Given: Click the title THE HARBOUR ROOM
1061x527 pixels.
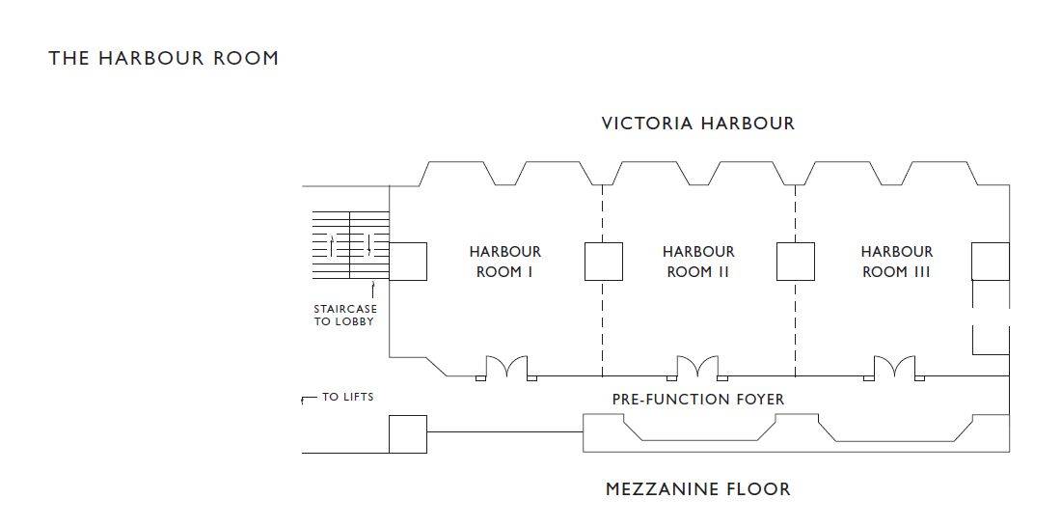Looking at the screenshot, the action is [163, 58].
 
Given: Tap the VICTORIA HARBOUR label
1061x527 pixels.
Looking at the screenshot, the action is [697, 124].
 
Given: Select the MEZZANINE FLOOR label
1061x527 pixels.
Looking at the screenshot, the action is [697, 489].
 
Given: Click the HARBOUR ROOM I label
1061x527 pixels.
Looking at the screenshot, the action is [505, 262].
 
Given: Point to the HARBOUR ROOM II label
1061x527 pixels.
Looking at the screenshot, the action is [698, 262].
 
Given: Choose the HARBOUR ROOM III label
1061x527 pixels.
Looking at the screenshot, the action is [897, 262].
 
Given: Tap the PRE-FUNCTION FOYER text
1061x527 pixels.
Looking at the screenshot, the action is [698, 400].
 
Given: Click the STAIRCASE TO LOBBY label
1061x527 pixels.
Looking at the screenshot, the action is [345, 316].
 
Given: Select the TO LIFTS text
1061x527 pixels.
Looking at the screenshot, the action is [348, 397].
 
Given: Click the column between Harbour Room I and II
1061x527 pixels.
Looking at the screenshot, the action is [604, 262].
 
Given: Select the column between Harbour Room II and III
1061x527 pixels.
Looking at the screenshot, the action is [795, 262].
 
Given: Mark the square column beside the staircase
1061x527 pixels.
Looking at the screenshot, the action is [408, 262].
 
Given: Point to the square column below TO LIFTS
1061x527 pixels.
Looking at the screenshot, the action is [408, 434].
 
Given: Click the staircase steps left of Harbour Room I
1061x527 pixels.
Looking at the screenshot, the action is [350, 244].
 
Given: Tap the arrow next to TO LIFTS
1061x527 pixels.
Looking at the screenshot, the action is [309, 399].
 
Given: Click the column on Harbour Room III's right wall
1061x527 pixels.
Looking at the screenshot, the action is [991, 262].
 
